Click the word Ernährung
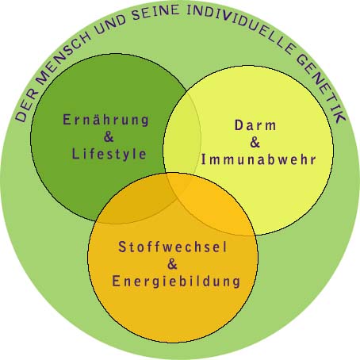[x=106, y=121]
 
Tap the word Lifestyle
[x=109, y=154]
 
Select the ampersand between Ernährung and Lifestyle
[x=109, y=136]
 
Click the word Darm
[x=255, y=125]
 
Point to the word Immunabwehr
[x=259, y=159]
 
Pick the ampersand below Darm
[x=255, y=142]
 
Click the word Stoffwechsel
[x=172, y=247]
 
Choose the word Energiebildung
[x=176, y=281]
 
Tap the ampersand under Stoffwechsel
[x=172, y=264]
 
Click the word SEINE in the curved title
[x=155, y=13]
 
